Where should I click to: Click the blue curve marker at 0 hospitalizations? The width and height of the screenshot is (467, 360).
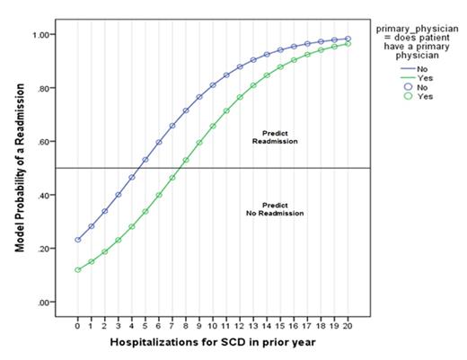point(78,240)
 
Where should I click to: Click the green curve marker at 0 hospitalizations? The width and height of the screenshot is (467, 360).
point(78,269)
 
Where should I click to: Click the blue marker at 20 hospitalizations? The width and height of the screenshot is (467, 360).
point(348,39)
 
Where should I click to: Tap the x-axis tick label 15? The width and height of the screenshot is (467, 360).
point(280,325)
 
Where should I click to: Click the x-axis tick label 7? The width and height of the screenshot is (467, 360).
point(172,325)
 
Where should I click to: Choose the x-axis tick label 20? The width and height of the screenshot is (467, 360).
point(348,325)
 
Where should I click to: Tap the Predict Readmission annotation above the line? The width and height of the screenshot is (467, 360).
point(275,137)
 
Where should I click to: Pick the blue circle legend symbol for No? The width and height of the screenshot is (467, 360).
point(390,86)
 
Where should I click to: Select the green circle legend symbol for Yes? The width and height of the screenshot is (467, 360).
point(390,96)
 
